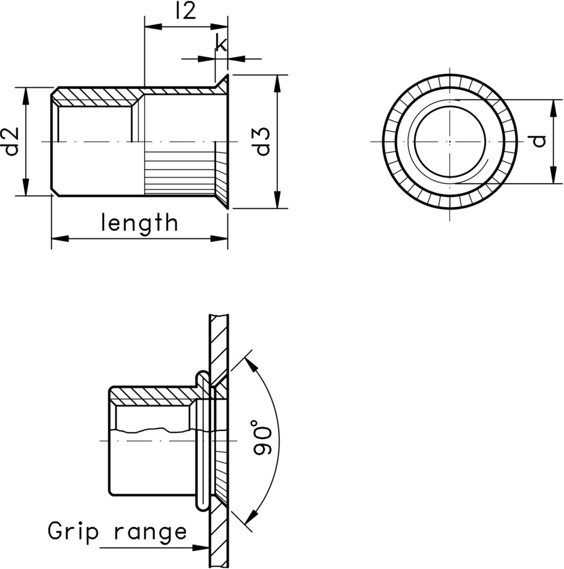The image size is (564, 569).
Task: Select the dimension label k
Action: point(221,43)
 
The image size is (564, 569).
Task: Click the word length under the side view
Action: point(139,223)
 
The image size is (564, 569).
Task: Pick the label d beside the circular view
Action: point(538,141)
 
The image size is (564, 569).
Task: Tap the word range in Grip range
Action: point(151,533)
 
